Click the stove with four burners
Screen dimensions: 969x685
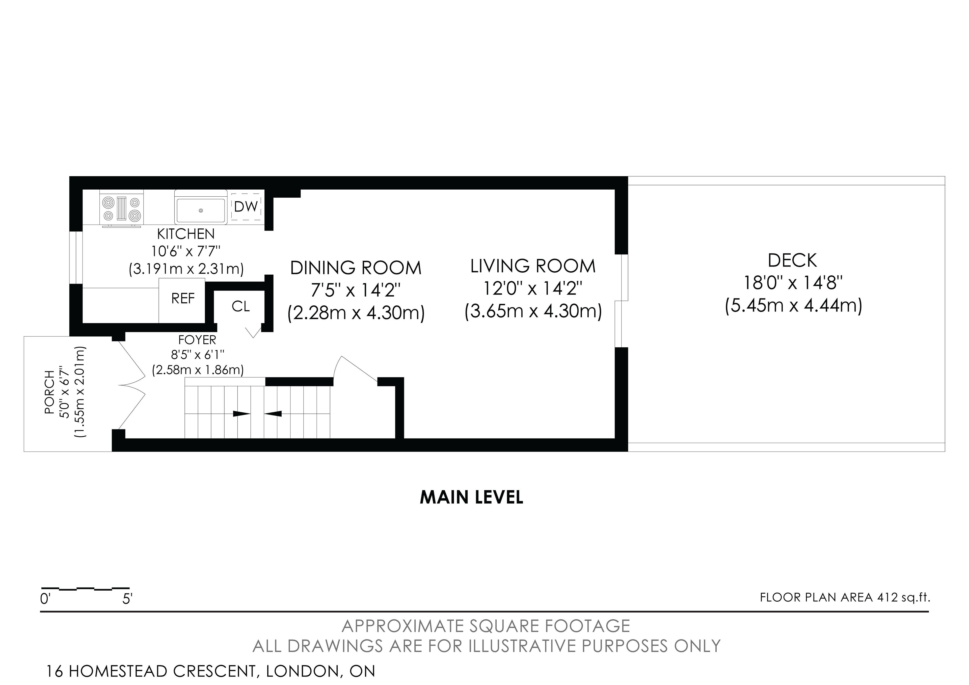pyautogui.click(x=122, y=209)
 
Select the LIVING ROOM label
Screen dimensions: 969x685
pyautogui.click(x=533, y=266)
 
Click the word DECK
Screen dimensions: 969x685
pyautogui.click(x=792, y=260)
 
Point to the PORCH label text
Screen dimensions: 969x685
pyautogui.click(x=49, y=392)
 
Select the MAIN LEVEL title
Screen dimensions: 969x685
pyautogui.click(x=471, y=497)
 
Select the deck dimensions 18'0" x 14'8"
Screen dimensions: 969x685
pyautogui.click(x=793, y=283)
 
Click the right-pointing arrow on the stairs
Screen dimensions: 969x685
pyautogui.click(x=242, y=414)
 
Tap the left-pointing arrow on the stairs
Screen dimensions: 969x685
pyautogui.click(x=273, y=414)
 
